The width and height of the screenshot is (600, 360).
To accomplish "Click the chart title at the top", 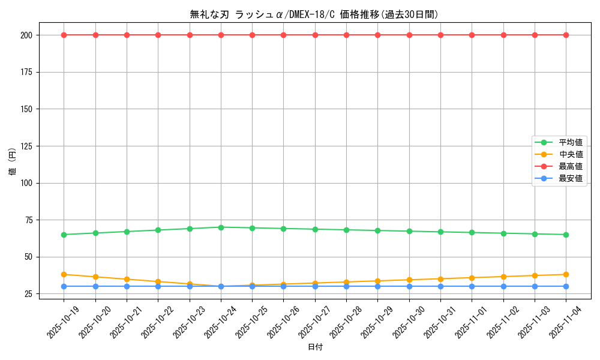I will pos(314,14).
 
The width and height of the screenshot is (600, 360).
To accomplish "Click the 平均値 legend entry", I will pos(570,142).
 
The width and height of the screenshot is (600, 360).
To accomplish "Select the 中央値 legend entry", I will pos(570,154).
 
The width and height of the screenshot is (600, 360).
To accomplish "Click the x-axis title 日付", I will pos(315,347).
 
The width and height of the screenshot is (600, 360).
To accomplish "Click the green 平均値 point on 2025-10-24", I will pos(221,227).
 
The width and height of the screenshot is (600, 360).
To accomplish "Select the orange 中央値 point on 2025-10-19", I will pos(64,274).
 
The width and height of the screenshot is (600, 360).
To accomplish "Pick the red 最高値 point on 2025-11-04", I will pos(566,35).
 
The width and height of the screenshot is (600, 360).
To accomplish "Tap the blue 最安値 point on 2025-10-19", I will pos(64,286).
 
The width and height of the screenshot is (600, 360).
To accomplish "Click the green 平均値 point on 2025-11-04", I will pos(566,235).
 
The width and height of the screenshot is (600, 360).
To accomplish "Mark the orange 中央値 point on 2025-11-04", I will pos(566,274).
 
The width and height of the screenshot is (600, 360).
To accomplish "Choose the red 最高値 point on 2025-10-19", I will pos(64,35).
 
